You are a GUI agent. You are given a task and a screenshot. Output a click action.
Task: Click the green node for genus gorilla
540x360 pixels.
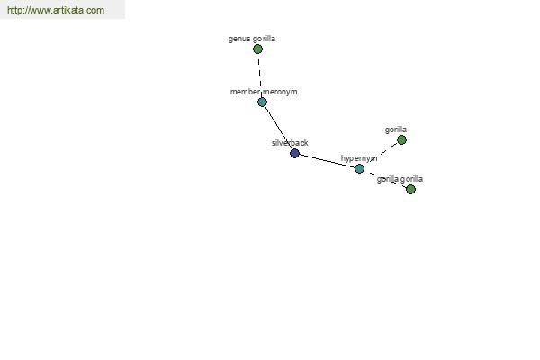(257, 49)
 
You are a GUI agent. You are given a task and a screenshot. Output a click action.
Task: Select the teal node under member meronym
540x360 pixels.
(262, 102)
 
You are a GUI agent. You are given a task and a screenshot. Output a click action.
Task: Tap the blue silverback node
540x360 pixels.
(294, 153)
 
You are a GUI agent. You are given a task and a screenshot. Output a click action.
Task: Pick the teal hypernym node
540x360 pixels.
(359, 168)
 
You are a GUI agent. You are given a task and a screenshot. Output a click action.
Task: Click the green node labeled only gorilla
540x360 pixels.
(401, 139)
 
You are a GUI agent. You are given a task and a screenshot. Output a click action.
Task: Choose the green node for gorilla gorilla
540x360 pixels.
(410, 189)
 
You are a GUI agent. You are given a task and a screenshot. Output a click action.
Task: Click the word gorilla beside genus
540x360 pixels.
(264, 39)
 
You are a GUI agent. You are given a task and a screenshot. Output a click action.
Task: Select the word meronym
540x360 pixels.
(280, 92)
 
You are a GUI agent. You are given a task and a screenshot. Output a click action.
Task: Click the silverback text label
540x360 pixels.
(290, 143)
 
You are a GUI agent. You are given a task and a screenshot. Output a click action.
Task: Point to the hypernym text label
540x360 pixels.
(359, 158)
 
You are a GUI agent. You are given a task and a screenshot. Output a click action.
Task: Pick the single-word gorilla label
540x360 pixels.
(396, 130)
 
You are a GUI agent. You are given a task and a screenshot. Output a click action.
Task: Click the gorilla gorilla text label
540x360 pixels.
(400, 179)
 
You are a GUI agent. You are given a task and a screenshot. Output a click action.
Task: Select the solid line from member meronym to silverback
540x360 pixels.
(278, 128)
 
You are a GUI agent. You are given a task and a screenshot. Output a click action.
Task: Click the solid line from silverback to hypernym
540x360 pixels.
(327, 161)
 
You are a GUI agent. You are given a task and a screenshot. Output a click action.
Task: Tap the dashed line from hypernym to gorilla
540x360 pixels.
(380, 154)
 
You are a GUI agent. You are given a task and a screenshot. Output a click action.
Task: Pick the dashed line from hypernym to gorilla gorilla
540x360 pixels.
(385, 179)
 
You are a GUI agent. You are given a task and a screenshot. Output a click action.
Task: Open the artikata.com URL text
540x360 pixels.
(56, 10)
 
